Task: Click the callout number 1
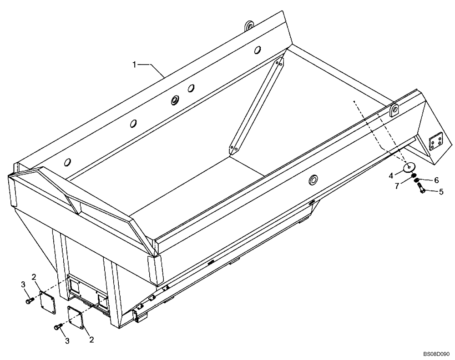(x=135, y=65)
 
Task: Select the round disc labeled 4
(x=408, y=168)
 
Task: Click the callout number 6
(x=436, y=180)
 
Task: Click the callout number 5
(x=440, y=192)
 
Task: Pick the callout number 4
(x=391, y=175)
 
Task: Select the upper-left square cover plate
(x=46, y=300)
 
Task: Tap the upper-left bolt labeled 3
(x=30, y=300)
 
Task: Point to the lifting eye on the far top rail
(x=249, y=26)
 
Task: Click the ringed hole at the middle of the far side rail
(x=175, y=100)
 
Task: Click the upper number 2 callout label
(x=34, y=277)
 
